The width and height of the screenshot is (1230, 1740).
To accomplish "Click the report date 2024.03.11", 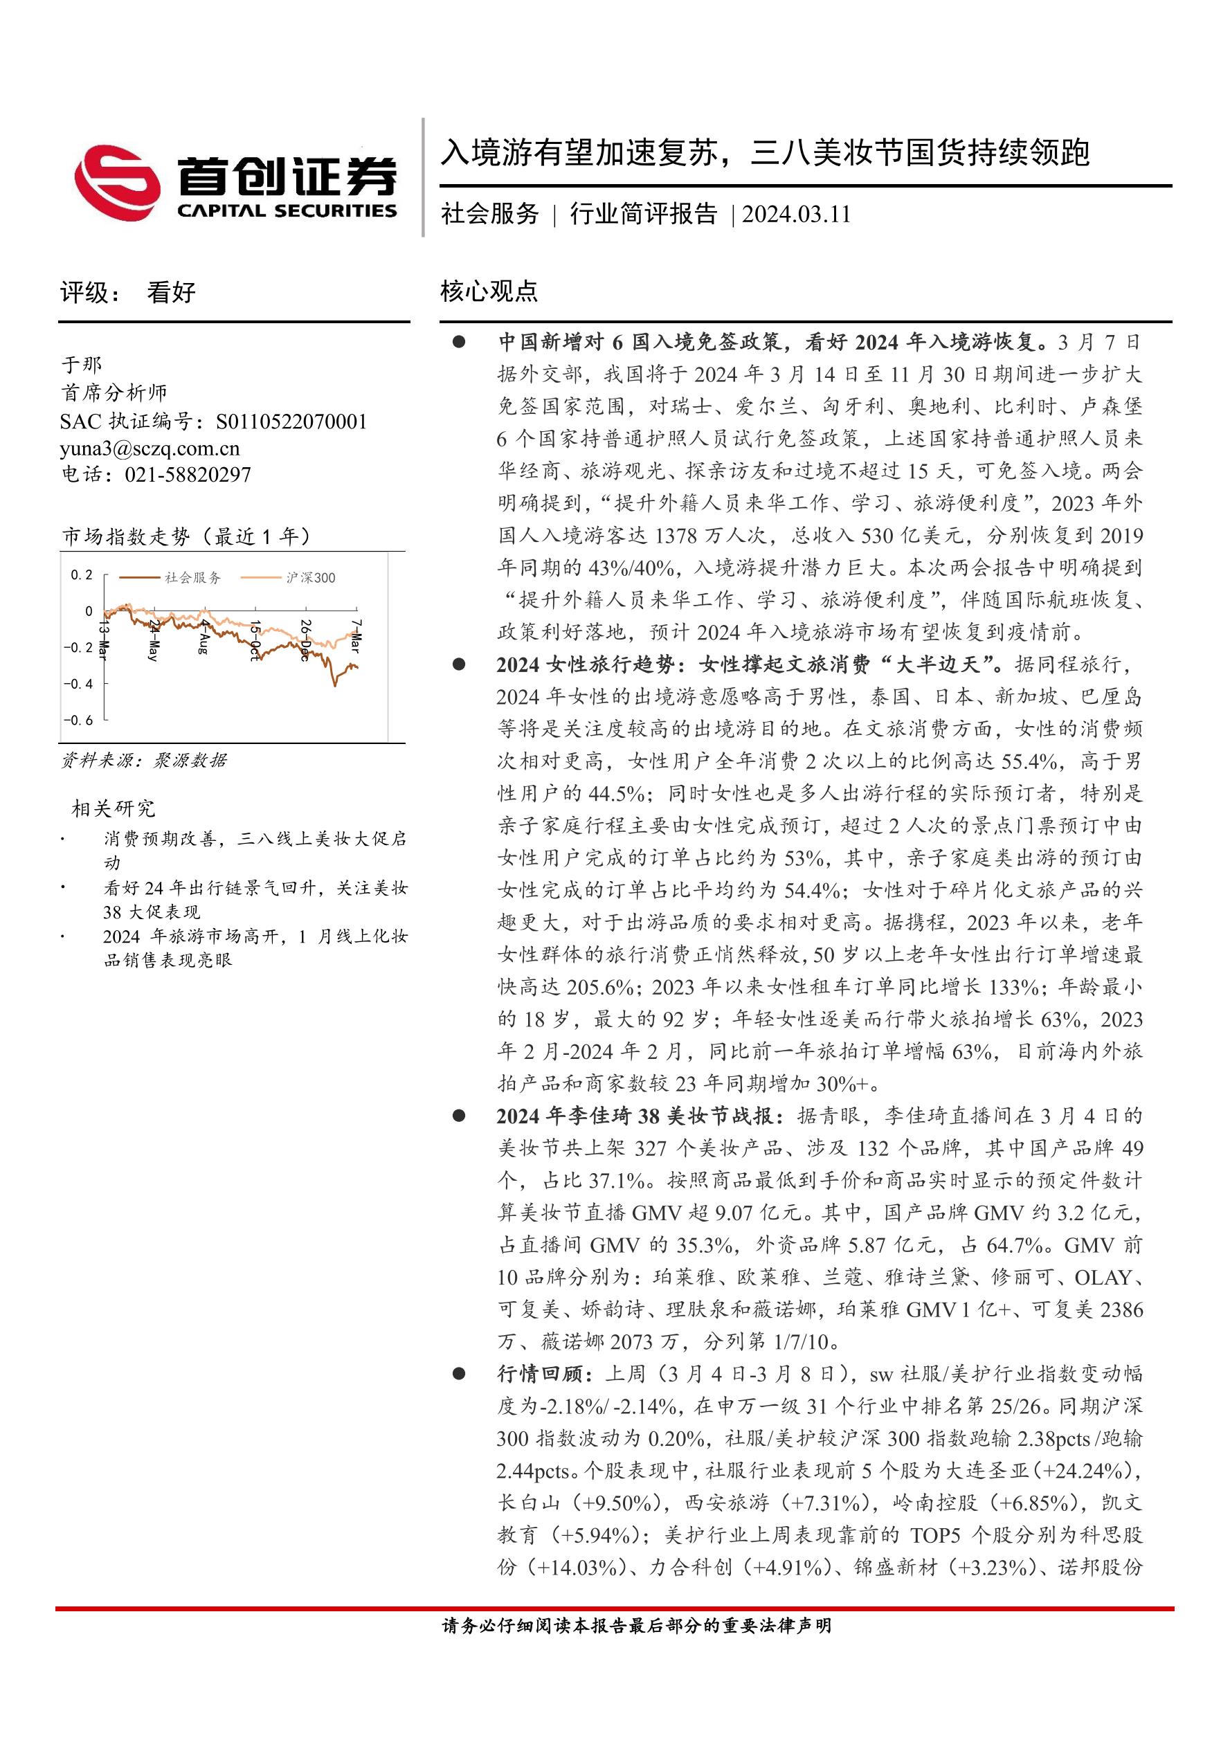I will click(x=796, y=215).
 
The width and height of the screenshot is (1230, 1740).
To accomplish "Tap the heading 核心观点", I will click(x=489, y=291).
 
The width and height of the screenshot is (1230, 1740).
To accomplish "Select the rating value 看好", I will click(x=171, y=293).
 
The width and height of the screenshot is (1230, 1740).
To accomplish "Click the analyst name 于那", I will click(x=81, y=365).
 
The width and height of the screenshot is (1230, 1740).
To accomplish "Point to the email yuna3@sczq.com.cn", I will click(x=150, y=448).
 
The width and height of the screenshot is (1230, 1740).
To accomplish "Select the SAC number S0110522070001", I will click(x=291, y=422).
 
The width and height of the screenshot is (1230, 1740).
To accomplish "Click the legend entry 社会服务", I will click(x=192, y=577).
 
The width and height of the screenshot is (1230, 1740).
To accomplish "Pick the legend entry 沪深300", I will click(x=311, y=577).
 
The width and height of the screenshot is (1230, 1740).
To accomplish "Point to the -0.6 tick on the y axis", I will click(x=78, y=720).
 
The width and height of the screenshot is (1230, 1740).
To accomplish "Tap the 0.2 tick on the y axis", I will click(x=82, y=575).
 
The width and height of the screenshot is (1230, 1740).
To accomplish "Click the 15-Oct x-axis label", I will click(x=255, y=640).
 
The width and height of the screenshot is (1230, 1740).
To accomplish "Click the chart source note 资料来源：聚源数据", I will click(x=144, y=760).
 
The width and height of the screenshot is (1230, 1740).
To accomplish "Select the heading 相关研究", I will click(x=113, y=808).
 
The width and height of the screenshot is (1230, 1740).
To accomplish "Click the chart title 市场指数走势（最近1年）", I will click(x=186, y=536).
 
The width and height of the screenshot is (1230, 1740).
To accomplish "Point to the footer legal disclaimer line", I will click(x=637, y=1625).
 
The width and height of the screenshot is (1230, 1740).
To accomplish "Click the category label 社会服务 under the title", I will click(x=489, y=215).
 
